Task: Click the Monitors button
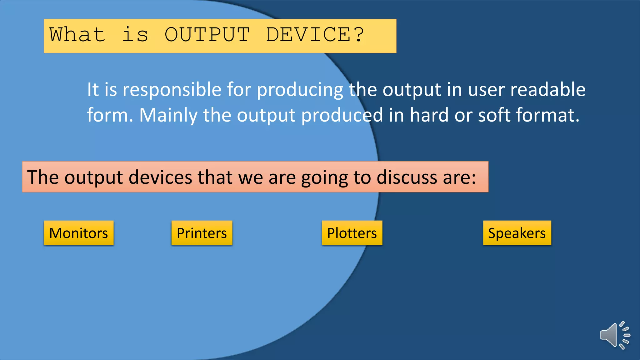click(78, 233)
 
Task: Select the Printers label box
click(202, 233)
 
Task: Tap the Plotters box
click(352, 233)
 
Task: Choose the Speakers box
click(517, 233)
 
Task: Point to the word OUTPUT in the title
click(207, 34)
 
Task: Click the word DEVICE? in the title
click(315, 34)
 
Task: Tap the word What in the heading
click(77, 34)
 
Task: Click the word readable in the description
click(547, 90)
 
